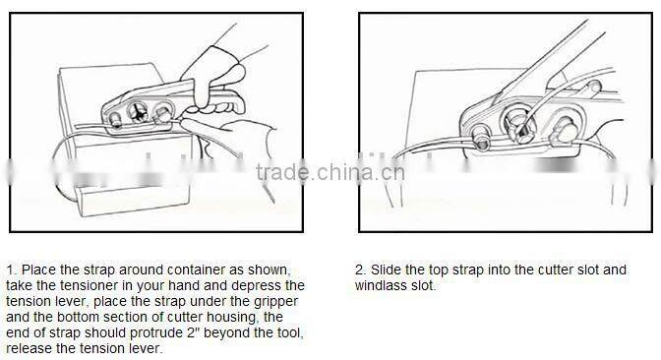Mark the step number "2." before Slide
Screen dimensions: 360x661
[x=360, y=269]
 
